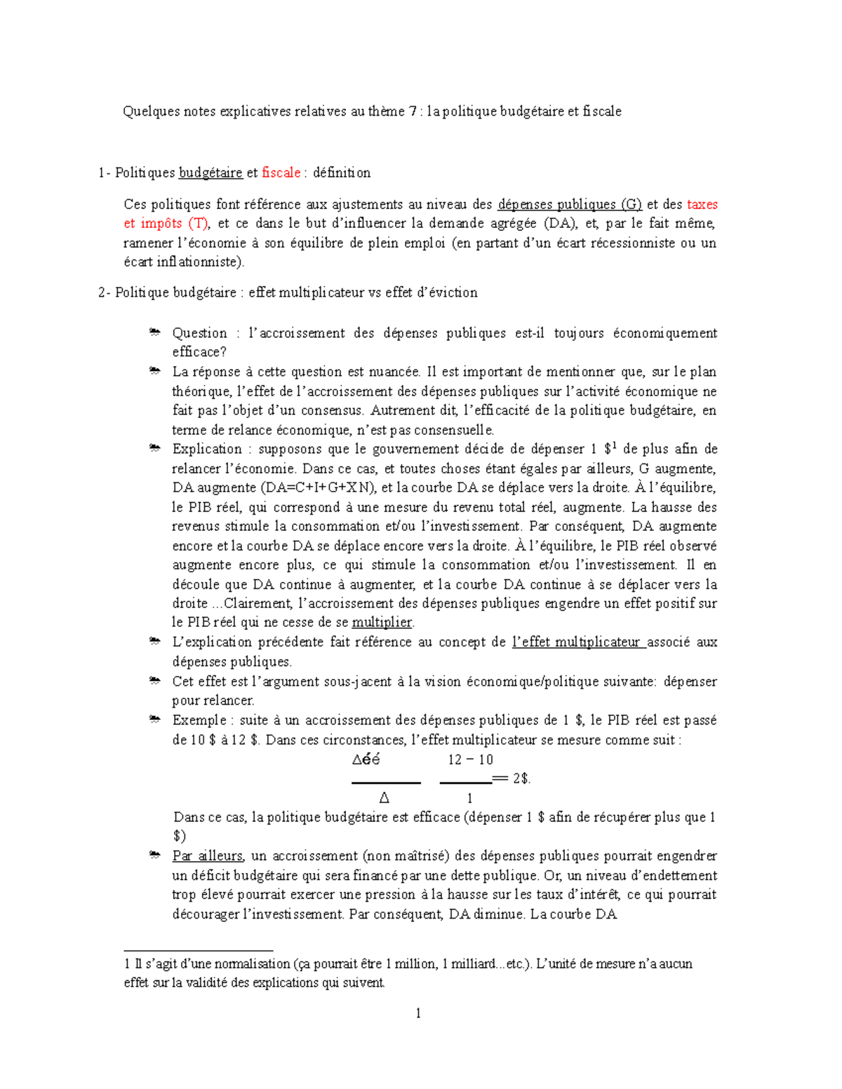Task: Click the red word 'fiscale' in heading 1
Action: (x=281, y=173)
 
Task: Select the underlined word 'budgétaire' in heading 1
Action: (x=210, y=173)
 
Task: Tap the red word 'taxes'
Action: (x=702, y=204)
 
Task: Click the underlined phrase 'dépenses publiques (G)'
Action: (x=570, y=204)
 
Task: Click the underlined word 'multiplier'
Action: (x=382, y=622)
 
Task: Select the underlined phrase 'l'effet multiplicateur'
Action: (x=577, y=642)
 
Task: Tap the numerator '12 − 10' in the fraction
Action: (x=470, y=759)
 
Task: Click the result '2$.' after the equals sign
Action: (x=521, y=778)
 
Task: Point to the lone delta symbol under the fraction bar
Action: (x=384, y=798)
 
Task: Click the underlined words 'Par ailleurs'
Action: (x=208, y=855)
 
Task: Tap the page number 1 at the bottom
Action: (x=418, y=1013)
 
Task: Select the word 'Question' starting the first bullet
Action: (x=200, y=333)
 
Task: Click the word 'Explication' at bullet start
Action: (x=207, y=449)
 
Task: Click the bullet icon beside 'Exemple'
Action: (x=154, y=719)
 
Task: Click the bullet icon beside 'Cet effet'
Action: (x=154, y=681)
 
